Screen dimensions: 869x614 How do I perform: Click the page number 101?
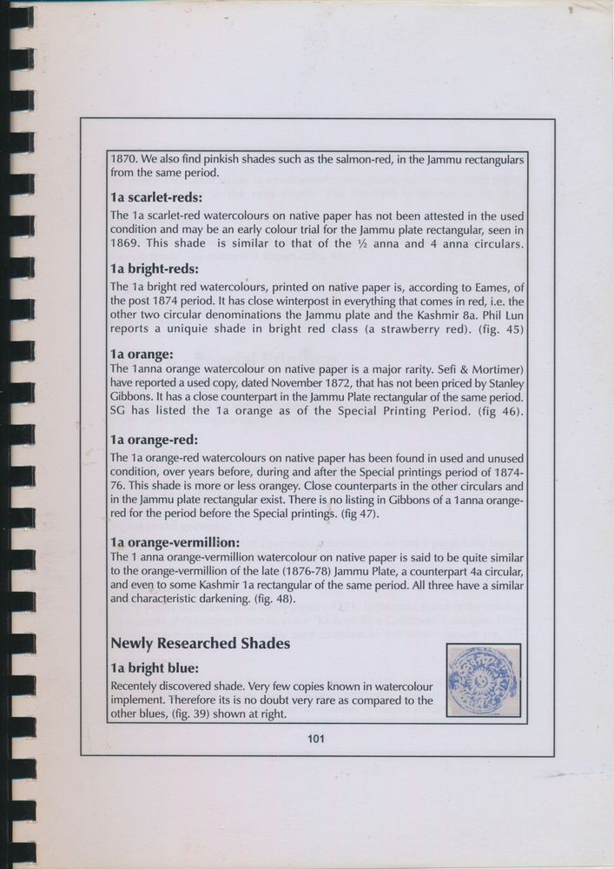(315, 740)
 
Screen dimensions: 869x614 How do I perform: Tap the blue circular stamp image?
(482, 680)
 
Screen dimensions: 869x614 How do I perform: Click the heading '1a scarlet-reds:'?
(156, 196)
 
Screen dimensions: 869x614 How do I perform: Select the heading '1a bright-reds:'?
(155, 268)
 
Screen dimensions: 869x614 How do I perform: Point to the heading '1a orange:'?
(142, 355)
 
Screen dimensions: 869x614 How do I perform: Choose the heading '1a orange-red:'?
(155, 440)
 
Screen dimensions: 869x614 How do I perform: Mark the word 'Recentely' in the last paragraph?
(137, 686)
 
